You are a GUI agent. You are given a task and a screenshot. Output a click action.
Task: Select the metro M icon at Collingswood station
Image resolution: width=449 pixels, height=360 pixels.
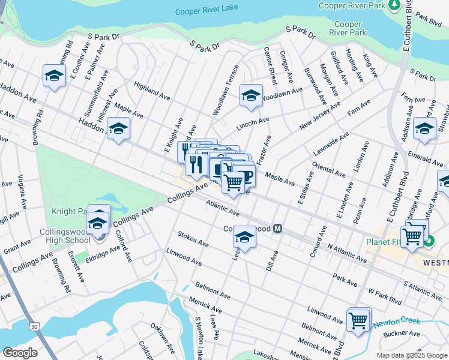[x=278, y=229]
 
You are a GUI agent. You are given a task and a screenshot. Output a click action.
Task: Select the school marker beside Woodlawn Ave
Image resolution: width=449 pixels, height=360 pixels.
[x=251, y=95]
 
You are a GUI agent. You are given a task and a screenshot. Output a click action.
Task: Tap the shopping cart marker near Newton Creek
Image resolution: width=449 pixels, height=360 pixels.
[x=358, y=320]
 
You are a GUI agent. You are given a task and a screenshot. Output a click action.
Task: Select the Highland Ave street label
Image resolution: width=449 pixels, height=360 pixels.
[x=152, y=90]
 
